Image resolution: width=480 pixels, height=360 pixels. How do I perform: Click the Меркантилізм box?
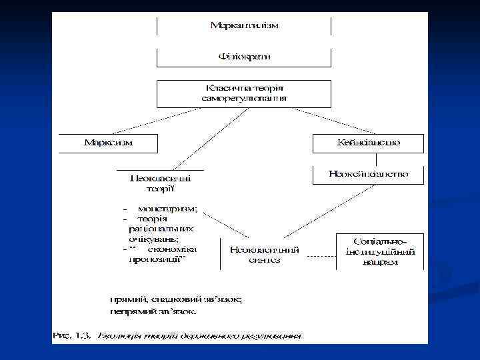[x=244, y=26]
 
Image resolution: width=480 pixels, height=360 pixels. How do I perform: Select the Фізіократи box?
[x=244, y=57]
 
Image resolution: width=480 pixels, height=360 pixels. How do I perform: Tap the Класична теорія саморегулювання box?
[x=244, y=93]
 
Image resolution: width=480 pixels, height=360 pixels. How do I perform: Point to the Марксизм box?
[x=108, y=143]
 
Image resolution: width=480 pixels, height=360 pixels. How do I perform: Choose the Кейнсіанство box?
[x=369, y=143]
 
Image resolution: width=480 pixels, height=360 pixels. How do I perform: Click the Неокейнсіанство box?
[x=369, y=175]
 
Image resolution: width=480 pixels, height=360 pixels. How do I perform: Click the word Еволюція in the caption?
[x=120, y=335]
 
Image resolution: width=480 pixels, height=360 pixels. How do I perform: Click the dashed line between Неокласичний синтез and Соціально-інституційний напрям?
[x=320, y=255]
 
